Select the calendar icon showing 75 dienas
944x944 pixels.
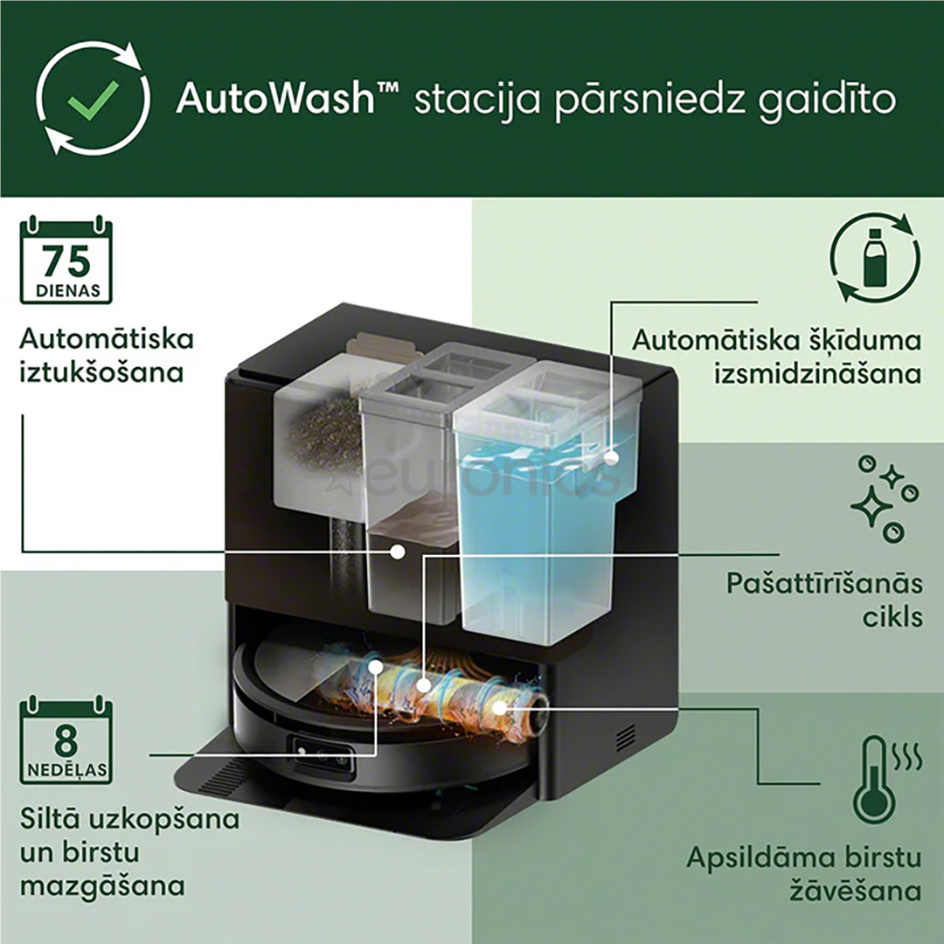[x=66, y=260]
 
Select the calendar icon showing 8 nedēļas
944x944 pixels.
[x=66, y=739]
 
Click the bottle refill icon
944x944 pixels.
[x=874, y=260]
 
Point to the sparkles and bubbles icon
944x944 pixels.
[x=885, y=499]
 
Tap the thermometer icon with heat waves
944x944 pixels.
[x=878, y=780]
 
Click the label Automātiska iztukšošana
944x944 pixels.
[x=107, y=355]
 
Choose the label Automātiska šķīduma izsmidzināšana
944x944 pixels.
[x=776, y=356]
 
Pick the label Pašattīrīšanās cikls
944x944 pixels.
[x=823, y=600]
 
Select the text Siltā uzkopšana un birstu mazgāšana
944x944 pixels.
[x=129, y=852]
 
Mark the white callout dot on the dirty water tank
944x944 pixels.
[x=398, y=552]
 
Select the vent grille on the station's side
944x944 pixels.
[x=626, y=739]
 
